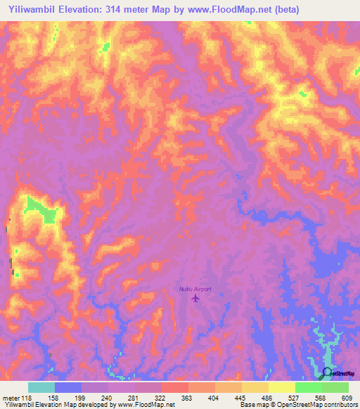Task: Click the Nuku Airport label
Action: click(195, 289)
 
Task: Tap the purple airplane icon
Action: click(195, 299)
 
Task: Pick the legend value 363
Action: click(188, 398)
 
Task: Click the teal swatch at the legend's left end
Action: click(41, 387)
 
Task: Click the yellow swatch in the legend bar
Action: click(281, 387)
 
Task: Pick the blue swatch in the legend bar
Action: click(68, 387)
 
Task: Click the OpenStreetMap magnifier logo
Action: click(327, 373)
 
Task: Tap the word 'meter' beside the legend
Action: click(11, 398)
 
